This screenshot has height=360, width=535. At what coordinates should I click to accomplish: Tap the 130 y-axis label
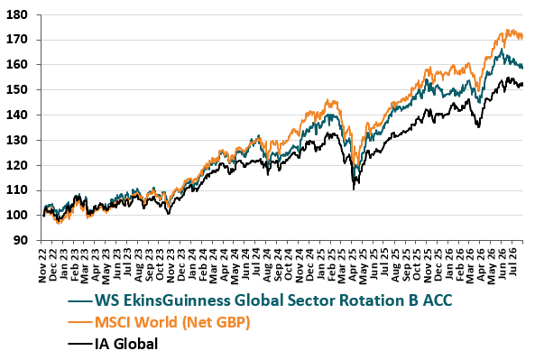click(17, 140)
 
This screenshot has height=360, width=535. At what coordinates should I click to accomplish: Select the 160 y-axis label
click(17, 64)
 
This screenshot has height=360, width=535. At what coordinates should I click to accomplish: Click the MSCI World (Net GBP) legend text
click(172, 322)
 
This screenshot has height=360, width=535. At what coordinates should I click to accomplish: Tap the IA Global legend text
click(126, 344)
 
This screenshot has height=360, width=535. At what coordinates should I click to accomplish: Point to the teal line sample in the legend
click(79, 301)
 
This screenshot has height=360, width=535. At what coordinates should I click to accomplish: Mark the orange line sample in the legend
click(79, 322)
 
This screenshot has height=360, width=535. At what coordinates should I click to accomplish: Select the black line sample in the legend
click(79, 343)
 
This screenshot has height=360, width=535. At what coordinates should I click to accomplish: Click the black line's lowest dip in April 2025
click(354, 189)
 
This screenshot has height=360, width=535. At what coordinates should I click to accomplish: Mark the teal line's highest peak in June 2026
click(502, 49)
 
